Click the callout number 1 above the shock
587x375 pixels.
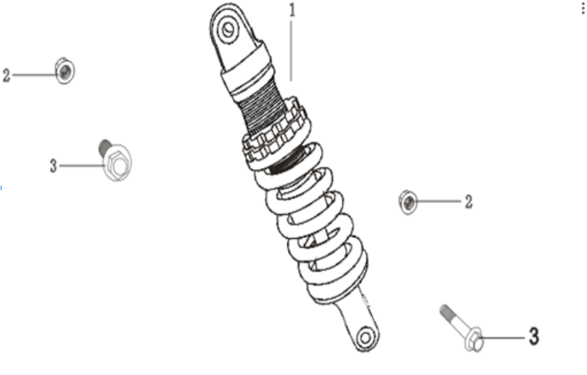292,11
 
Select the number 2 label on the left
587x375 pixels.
7,76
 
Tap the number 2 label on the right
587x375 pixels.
469,201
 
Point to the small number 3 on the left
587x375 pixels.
53,166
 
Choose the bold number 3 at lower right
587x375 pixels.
533,337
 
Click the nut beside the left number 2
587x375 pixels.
65,71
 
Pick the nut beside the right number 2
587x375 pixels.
408,201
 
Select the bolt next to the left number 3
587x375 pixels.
114,161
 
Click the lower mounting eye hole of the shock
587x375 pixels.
365,337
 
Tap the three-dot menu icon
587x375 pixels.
583,9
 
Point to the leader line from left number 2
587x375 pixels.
34,75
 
